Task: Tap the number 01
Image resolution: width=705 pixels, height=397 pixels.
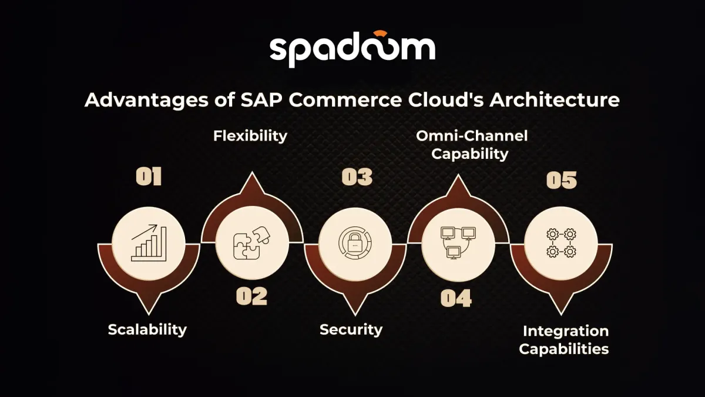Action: coord(149,177)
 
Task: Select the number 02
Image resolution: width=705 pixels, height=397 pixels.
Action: coord(251,296)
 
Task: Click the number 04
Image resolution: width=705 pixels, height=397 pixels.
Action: coord(456,298)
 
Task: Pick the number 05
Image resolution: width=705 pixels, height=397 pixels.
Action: coord(562,180)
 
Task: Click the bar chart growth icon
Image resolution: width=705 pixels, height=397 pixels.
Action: coord(149,242)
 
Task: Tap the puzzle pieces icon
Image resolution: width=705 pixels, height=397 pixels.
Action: coord(251,242)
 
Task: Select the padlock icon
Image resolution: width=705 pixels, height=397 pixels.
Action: coord(355,242)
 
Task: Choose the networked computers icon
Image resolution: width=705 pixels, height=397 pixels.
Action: coord(458,242)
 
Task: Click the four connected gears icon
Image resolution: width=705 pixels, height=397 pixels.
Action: coord(561,242)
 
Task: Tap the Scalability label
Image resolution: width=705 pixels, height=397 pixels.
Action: coord(147,329)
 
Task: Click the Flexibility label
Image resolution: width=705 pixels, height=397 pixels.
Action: coord(250,136)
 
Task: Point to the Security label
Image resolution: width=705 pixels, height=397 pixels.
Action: coord(351,329)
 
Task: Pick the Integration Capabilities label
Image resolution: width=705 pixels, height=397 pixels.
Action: coord(564,339)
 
